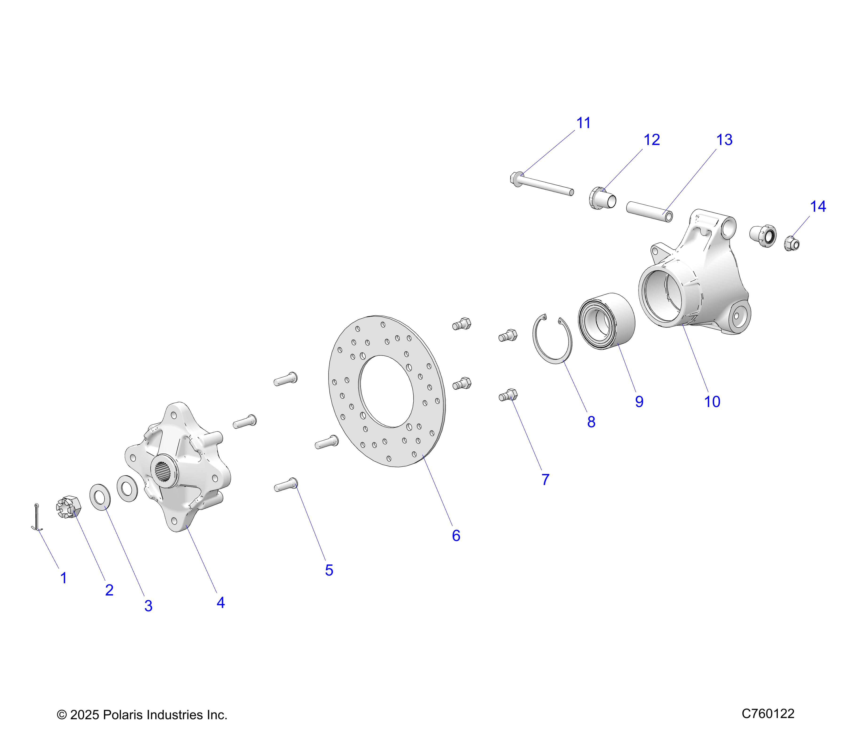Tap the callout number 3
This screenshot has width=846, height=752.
pos(148,606)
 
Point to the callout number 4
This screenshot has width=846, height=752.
pos(221,603)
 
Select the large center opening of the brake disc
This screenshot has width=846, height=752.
pos(386,391)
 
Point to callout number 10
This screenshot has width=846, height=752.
pos(712,401)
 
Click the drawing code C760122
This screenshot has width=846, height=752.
pos(768,713)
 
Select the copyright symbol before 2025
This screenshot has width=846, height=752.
pos(62,715)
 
